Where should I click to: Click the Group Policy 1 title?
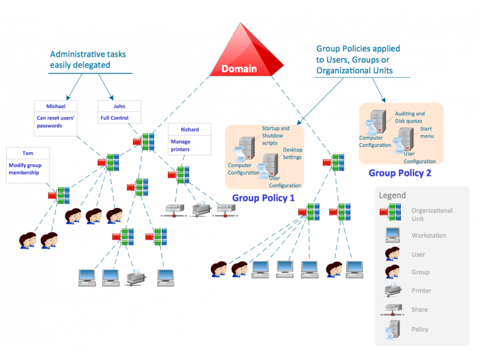[x=263, y=198]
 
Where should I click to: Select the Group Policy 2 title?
[x=400, y=173]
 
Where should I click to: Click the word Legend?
[x=392, y=195]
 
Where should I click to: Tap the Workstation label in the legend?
[x=428, y=236]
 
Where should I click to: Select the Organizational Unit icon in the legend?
[x=391, y=212]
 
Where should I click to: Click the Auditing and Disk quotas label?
[x=410, y=117]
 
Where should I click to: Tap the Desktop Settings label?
[x=293, y=153]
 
